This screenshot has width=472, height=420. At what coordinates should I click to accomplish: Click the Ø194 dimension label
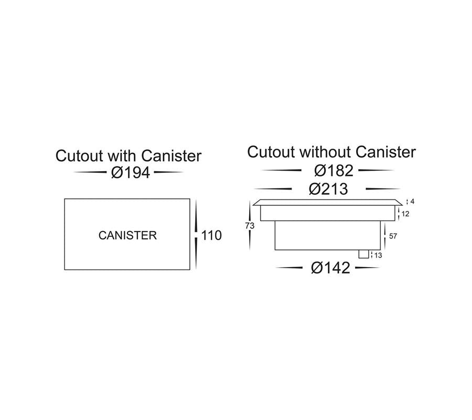coord(131,172)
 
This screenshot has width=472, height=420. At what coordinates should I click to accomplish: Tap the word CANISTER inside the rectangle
coord(127,235)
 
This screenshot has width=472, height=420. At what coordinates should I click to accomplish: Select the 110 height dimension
coord(211,235)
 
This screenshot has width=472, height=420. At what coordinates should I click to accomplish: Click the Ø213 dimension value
coord(328,189)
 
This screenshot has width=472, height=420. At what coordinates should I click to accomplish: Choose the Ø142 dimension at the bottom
coord(330,268)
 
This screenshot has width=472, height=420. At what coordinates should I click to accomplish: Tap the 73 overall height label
coord(250,226)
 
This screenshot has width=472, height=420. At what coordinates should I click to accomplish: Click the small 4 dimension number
coord(413,202)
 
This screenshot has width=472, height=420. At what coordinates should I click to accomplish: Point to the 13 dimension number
coord(379,255)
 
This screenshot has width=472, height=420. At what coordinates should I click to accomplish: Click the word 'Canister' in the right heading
coord(385,152)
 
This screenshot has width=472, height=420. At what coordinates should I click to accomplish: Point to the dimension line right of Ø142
coord(367,268)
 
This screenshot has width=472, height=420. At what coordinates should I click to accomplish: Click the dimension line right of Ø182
coord(376,171)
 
